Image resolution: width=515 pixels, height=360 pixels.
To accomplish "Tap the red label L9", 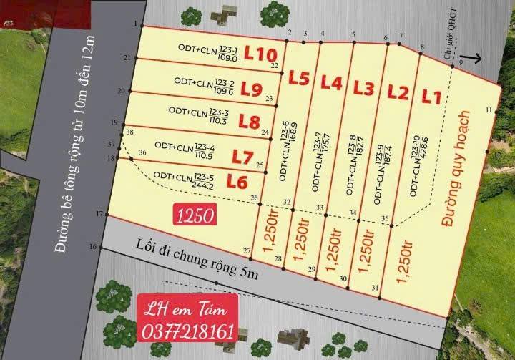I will click(x=251, y=89).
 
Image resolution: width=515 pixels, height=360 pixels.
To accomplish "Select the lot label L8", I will click(x=249, y=122).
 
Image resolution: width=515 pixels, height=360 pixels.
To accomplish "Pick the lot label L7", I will click(x=243, y=156).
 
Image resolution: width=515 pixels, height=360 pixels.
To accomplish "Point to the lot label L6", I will click(x=237, y=182).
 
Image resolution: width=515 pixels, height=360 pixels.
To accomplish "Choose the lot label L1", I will click(x=431, y=95).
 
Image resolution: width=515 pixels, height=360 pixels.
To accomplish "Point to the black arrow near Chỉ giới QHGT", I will click(x=471, y=58).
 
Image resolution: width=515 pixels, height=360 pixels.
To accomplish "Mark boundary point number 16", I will click(x=92, y=247).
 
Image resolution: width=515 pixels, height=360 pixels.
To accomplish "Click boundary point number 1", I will click(x=134, y=24).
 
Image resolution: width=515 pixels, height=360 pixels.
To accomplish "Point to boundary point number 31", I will click(x=376, y=288).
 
